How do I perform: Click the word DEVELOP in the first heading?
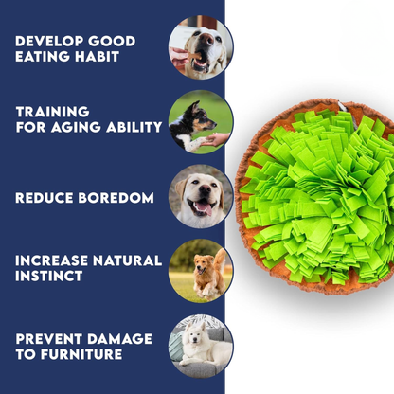tap(49, 42)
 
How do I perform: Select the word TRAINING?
tap(53, 112)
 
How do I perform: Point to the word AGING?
tap(76, 127)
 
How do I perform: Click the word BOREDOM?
tap(116, 198)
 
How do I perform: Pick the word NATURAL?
tap(127, 260)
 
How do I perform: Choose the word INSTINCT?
tap(49, 277)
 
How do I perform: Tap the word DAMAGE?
tap(119, 339)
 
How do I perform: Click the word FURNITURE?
tap(81, 354)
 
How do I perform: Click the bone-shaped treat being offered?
tap(193, 57)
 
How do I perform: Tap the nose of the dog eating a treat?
tap(206, 39)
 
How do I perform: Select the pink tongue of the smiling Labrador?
tap(204, 208)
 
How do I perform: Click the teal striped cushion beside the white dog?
tap(175, 347)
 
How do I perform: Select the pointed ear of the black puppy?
tap(195, 106)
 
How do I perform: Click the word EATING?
tap(43, 57)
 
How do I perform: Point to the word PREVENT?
tap(49, 339)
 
